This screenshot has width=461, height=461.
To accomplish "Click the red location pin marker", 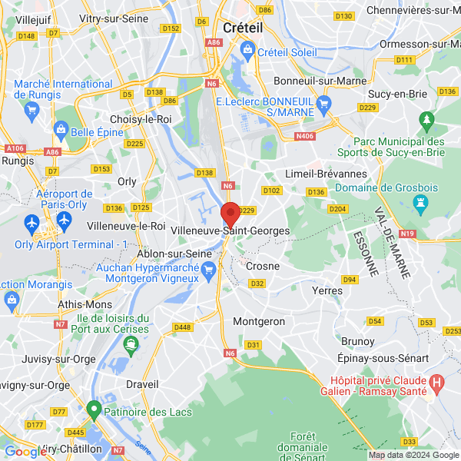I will point(230,214).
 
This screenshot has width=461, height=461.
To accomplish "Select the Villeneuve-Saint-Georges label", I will point(230,230).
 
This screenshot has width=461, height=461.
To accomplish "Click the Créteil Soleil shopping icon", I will point(248,51).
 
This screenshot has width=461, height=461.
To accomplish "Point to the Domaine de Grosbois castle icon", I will point(420,203).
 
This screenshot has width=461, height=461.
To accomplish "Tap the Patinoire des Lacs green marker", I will point(94,411).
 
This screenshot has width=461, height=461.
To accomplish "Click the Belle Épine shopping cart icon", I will point(58,132).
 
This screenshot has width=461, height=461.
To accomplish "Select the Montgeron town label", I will point(258,321).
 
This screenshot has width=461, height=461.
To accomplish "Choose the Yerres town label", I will point(328,290).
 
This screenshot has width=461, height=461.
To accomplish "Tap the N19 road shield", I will point(407,234).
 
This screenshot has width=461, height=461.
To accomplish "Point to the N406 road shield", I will point(305,137).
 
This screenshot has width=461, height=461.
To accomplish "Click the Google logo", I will point(25,452).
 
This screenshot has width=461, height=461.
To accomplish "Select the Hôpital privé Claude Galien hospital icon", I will point(437,381).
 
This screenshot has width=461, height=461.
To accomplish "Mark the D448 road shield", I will point(182,327).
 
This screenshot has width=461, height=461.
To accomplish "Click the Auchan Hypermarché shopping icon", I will point(207,269).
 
